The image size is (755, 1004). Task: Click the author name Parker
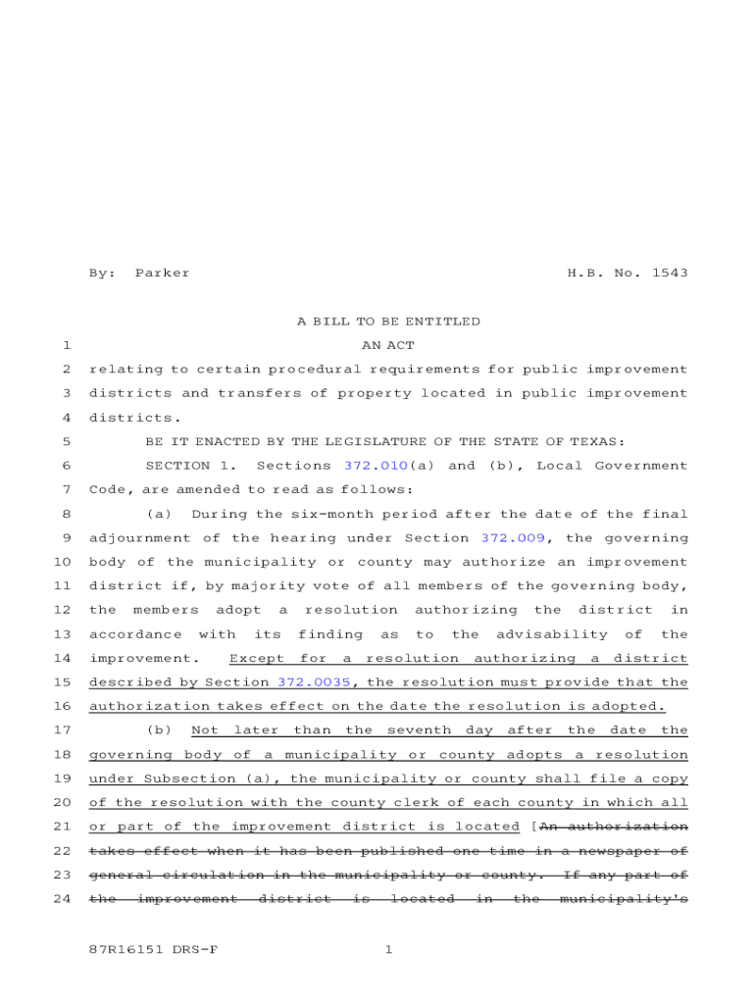(162, 273)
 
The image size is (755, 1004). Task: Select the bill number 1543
(669, 273)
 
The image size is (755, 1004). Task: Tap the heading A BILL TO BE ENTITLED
(388, 322)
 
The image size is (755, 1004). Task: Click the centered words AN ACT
(388, 345)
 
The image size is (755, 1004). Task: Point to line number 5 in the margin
(65, 441)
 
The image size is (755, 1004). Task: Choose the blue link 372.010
(376, 466)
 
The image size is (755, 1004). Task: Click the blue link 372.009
(513, 537)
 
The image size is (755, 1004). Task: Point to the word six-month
(278, 514)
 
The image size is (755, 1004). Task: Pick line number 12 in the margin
(61, 610)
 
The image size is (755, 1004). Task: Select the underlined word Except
(257, 658)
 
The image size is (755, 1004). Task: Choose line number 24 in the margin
(61, 898)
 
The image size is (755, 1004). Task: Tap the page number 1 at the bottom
(388, 949)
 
